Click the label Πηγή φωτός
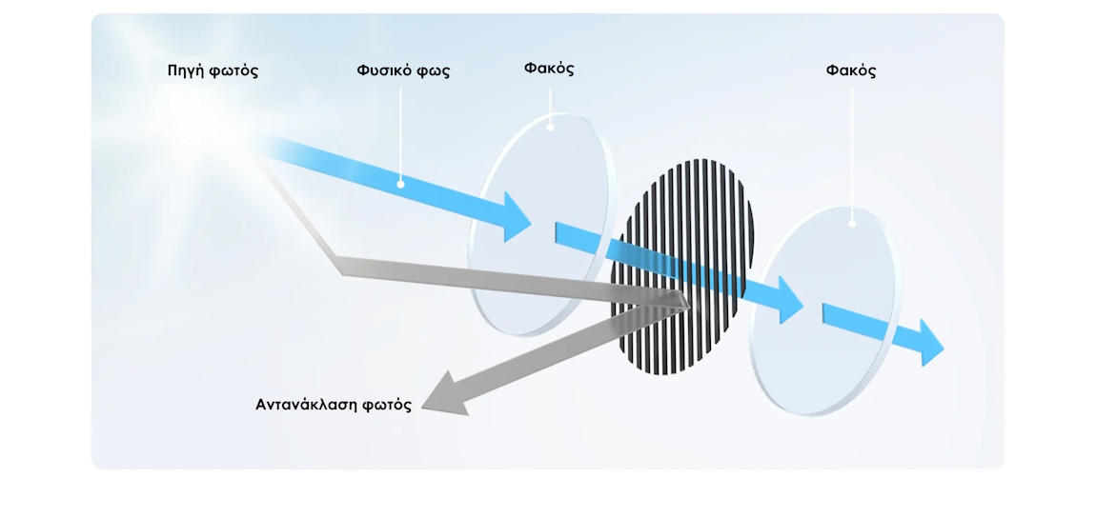tap(213, 71)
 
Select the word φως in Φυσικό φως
tap(435, 72)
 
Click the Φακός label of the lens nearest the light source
tap(549, 70)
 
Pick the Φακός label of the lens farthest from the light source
tap(851, 71)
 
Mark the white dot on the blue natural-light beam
tap(400, 185)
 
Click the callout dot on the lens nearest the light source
tap(550, 128)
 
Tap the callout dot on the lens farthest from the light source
tap(852, 224)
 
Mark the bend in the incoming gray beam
tap(340, 265)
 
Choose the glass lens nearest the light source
tap(541, 225)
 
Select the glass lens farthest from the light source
tap(824, 311)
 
